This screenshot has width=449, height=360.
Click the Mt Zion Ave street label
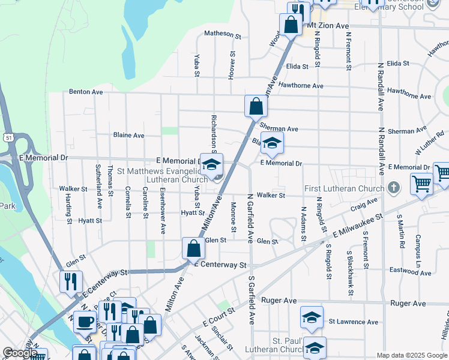(328, 26)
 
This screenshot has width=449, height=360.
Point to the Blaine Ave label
(128, 135)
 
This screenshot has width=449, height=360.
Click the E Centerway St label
(221, 265)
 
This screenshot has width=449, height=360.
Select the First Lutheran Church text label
(345, 188)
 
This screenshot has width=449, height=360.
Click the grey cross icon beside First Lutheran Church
(393, 188)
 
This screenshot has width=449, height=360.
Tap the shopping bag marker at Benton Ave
(256, 106)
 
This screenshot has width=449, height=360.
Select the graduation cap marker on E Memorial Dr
(211, 164)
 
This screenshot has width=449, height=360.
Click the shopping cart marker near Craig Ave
(421, 184)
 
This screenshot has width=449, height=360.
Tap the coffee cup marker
(85, 321)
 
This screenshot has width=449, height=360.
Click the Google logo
(20, 353)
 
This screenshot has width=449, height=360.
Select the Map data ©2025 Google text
(411, 355)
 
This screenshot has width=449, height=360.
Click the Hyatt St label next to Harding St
(89, 221)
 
